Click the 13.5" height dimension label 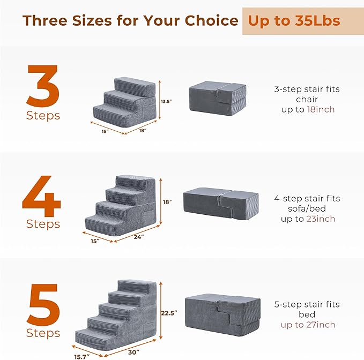coord(166,100)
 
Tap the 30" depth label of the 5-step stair coord(134,352)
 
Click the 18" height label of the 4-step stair coord(167,202)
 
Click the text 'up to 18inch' coord(307,109)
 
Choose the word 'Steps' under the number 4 coord(43,224)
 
